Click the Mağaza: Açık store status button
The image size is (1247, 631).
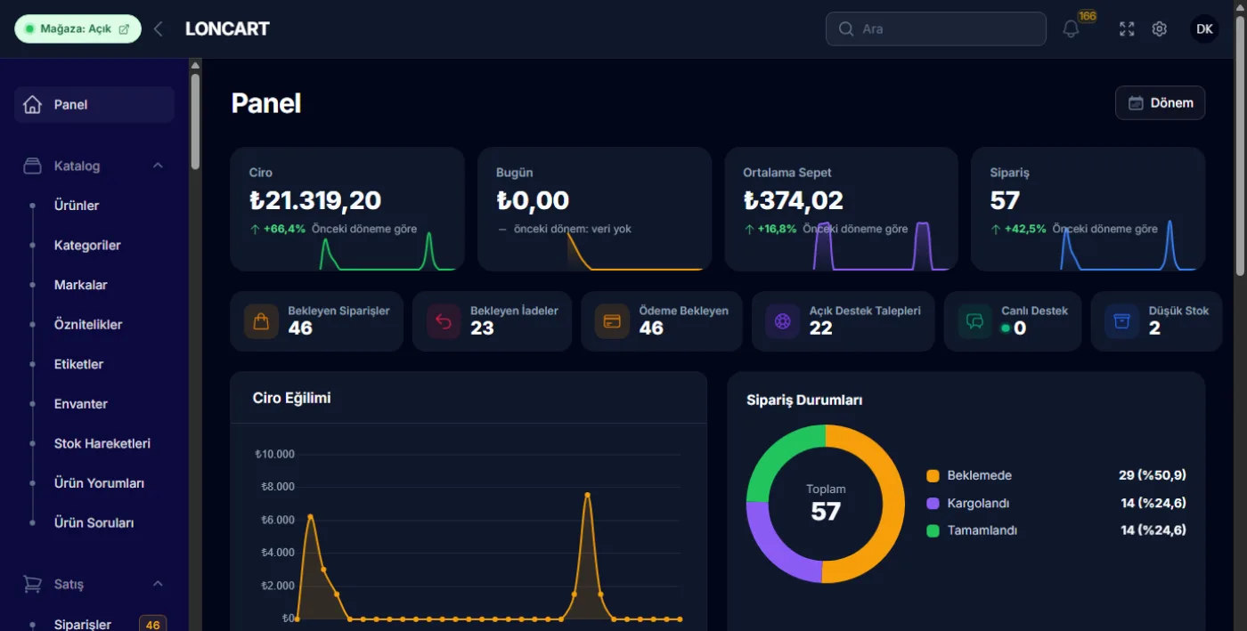tap(77, 29)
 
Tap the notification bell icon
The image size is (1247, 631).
tap(1070, 29)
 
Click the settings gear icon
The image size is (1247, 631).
tap(1159, 29)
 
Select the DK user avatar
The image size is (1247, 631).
tap(1204, 29)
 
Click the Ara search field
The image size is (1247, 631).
tap(935, 29)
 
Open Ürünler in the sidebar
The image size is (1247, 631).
tap(77, 206)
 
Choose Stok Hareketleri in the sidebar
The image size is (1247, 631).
tap(102, 443)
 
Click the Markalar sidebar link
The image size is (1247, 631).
tap(80, 285)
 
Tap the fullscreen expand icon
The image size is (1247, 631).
tap(1126, 29)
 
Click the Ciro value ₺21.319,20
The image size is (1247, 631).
tap(315, 200)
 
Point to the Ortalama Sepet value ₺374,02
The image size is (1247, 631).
tap(793, 200)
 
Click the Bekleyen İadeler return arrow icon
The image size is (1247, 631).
tap(444, 321)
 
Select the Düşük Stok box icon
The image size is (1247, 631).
tap(1121, 321)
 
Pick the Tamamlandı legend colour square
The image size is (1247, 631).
tap(933, 530)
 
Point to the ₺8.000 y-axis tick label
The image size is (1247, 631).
tap(277, 487)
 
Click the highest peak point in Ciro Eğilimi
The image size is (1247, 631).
tap(587, 495)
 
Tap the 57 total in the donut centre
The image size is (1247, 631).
tap(825, 512)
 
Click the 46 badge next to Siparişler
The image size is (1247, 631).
tap(152, 624)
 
